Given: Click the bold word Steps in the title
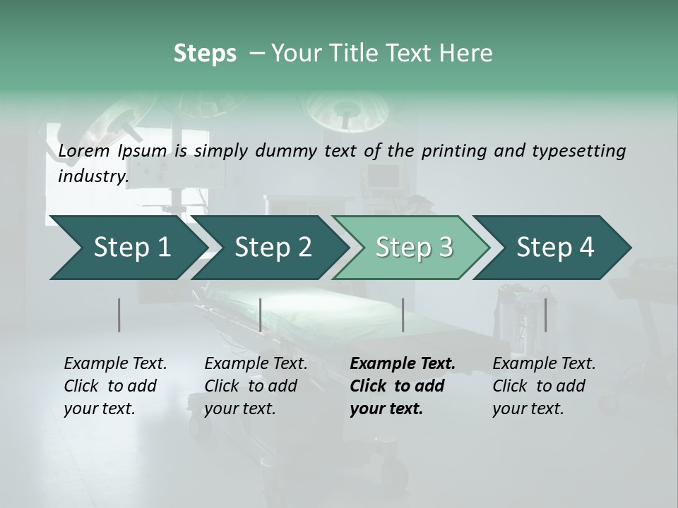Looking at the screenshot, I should point(205,53).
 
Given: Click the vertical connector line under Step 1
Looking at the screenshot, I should point(119,315).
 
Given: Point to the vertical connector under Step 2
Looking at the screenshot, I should point(261,315).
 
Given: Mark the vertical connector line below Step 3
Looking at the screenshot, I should point(403,315).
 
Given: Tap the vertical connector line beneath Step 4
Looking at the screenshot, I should point(545,315).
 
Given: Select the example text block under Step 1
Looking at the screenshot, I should point(115,386).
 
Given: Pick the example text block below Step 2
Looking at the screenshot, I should point(256,386).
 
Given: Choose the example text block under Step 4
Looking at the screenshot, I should point(544,386).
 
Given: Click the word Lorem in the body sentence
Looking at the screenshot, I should point(84,151).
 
